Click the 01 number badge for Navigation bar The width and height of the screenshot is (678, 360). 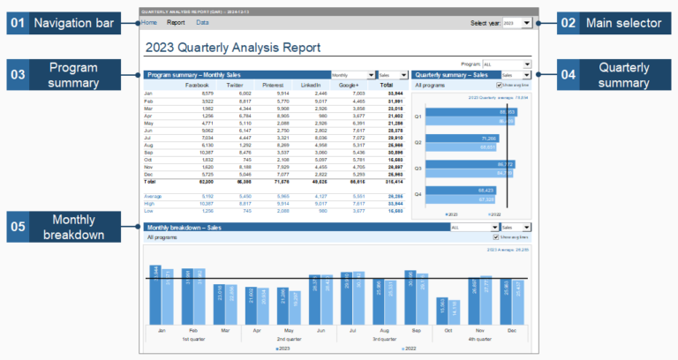click(17, 24)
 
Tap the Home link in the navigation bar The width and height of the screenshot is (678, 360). click(149, 22)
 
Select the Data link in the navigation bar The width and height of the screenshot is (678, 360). click(202, 22)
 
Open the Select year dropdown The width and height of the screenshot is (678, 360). click(516, 23)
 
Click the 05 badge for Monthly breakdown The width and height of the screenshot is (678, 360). click(18, 228)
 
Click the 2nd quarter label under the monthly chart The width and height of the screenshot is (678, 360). click(294, 339)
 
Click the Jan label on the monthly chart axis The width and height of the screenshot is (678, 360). click(162, 330)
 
